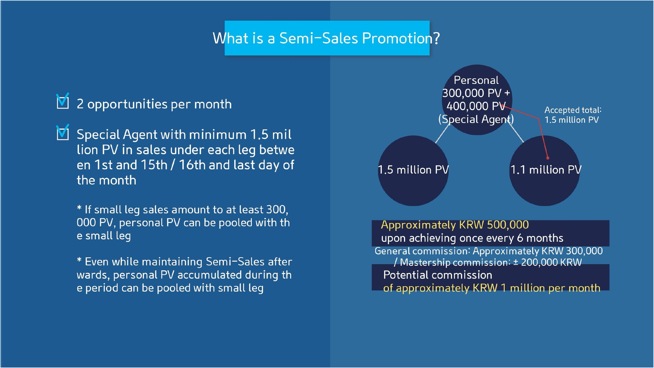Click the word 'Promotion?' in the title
[401, 38]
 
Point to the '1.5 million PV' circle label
[413, 170]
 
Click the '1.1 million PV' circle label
[546, 170]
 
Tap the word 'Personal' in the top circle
[476, 80]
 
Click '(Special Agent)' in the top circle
[476, 119]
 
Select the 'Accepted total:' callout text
[573, 110]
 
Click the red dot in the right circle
[548, 158]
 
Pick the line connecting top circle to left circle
[443, 133]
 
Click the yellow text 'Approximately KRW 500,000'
[455, 225]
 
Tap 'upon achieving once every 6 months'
[472, 238]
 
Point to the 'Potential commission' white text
[437, 275]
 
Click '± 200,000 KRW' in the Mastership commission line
[548, 262]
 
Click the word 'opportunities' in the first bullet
[128, 105]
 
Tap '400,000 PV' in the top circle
[476, 106]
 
